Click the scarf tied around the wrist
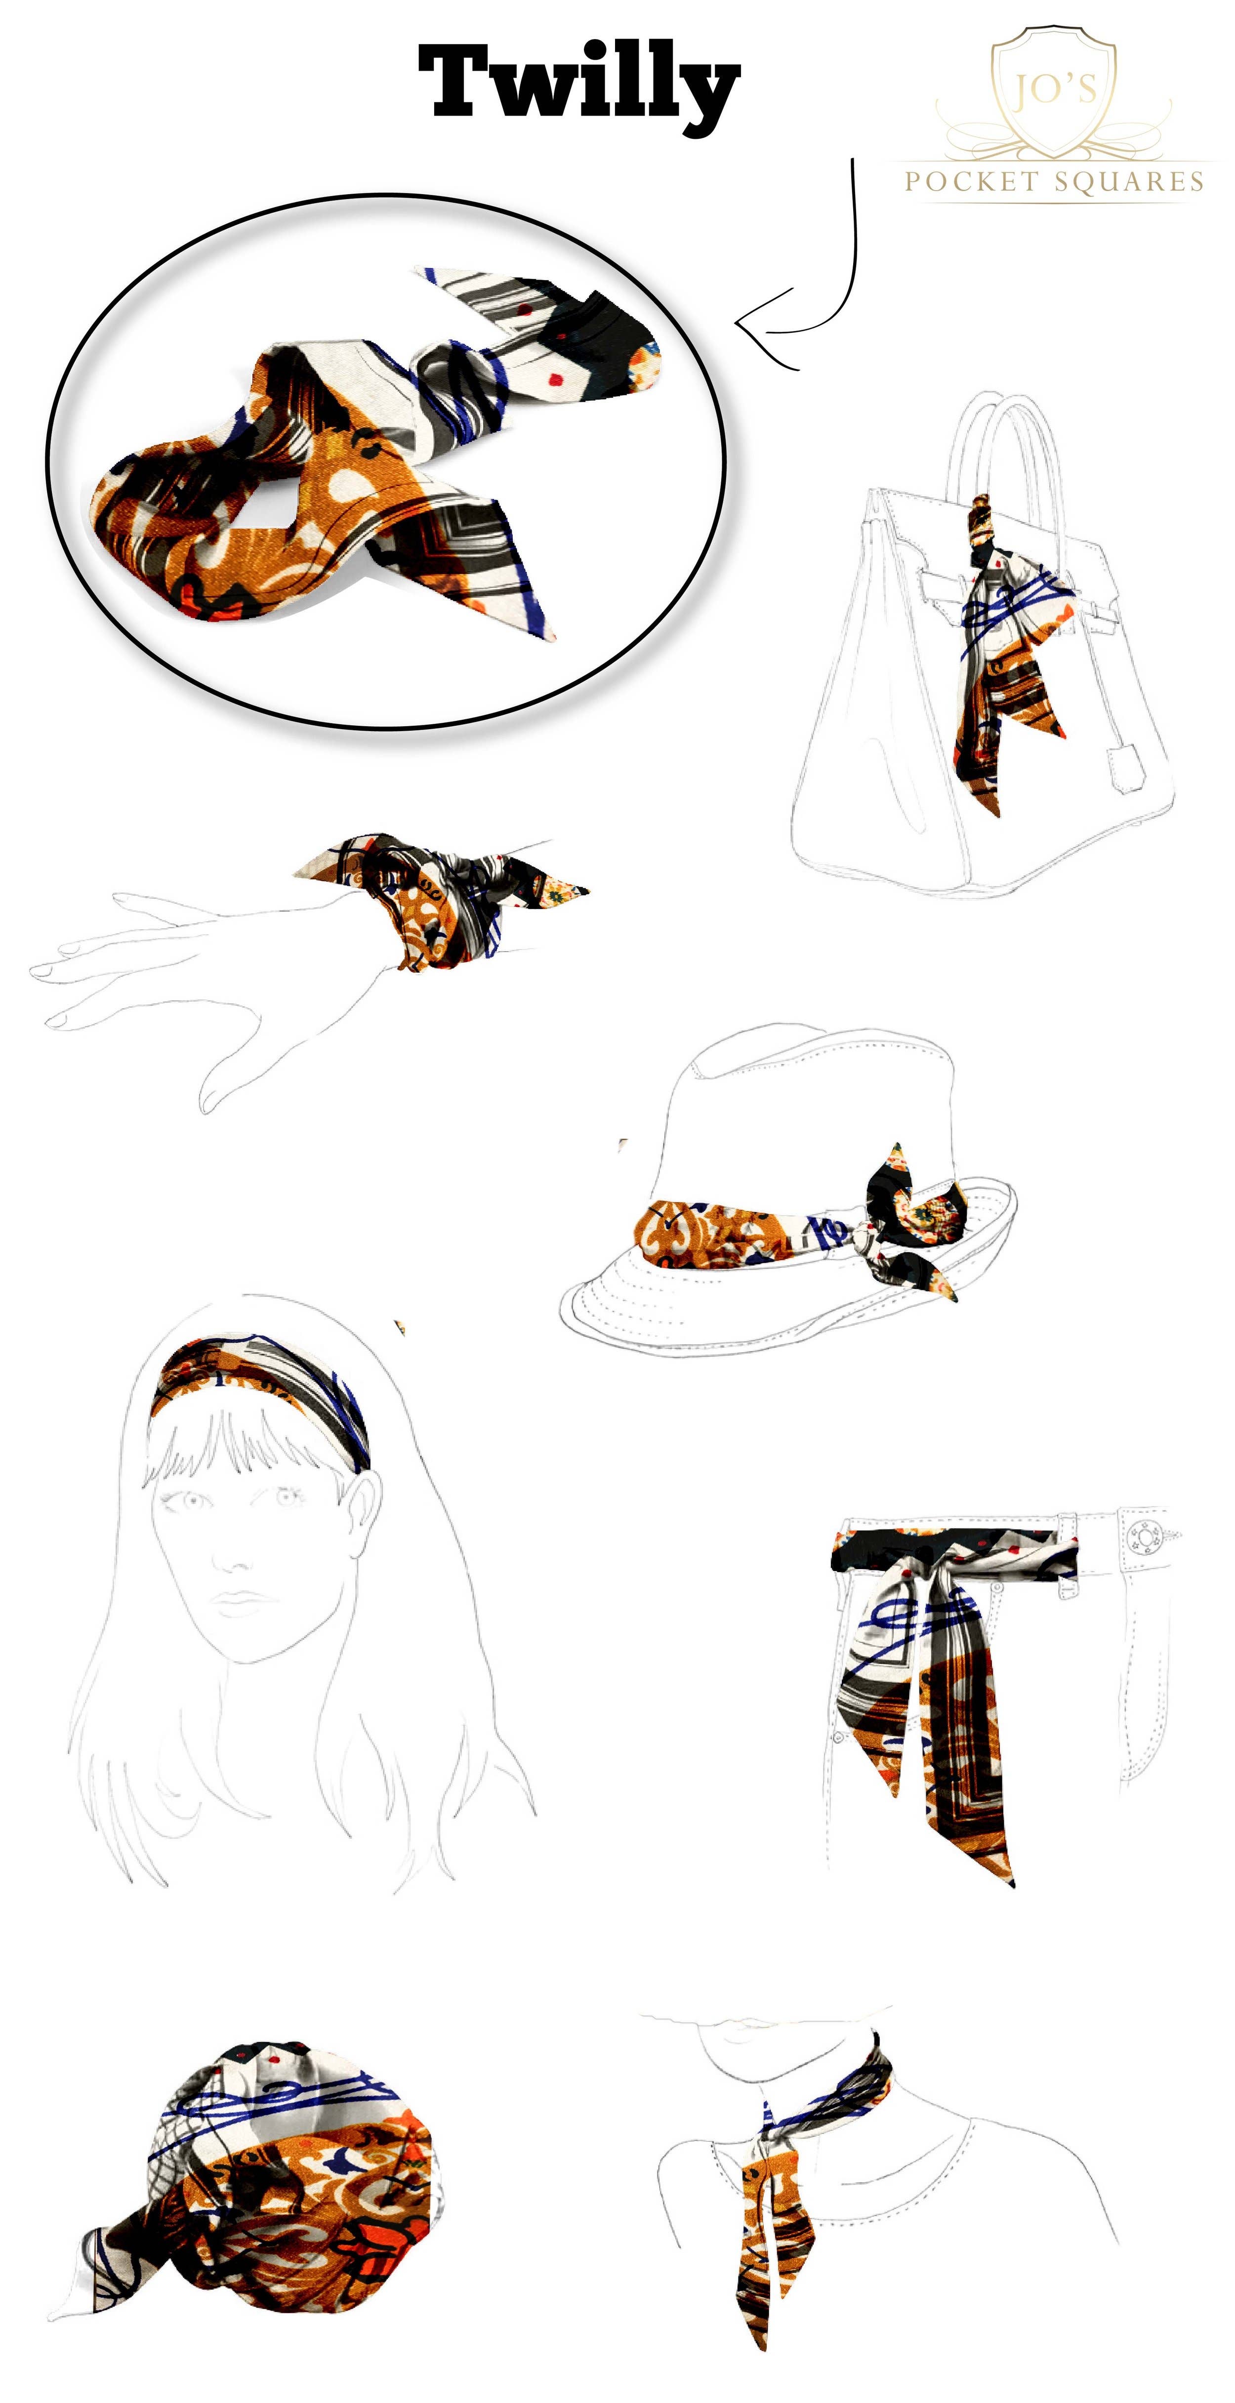click(438, 896)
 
